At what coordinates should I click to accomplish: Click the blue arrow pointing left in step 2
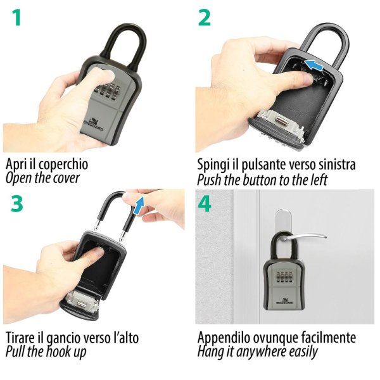[314, 65]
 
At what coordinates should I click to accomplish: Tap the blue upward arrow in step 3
[138, 206]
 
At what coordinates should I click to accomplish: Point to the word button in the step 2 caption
[260, 180]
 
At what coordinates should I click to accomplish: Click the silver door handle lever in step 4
[306, 237]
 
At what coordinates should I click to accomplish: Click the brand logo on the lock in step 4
[284, 301]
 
